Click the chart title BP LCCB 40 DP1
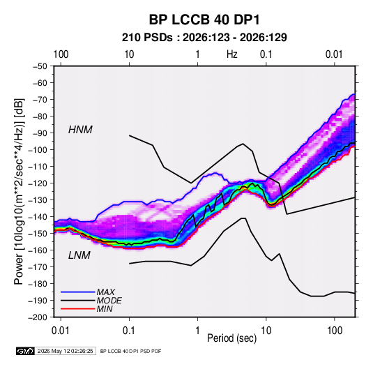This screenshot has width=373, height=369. pyautogui.click(x=204, y=20)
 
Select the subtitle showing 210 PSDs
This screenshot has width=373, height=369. pyautogui.click(x=204, y=38)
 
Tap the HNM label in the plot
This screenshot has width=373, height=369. pyautogui.click(x=80, y=130)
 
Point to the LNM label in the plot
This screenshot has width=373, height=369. pyautogui.click(x=79, y=255)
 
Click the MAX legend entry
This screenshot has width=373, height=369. pyautogui.click(x=105, y=292)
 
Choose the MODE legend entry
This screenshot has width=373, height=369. pyautogui.click(x=109, y=301)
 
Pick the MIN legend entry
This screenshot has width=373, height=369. pyautogui.click(x=105, y=309)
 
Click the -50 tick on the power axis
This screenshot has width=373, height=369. pyautogui.click(x=40, y=66)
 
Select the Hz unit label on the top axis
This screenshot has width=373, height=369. pyautogui.click(x=232, y=54)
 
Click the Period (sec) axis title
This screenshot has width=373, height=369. pyautogui.click(x=232, y=338)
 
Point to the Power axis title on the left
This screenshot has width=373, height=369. pyautogui.click(x=19, y=192)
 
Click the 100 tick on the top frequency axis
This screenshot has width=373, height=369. pyautogui.click(x=61, y=54)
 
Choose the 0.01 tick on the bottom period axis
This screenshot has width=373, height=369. pyautogui.click(x=61, y=331)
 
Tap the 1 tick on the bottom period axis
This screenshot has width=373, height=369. pyautogui.click(x=197, y=331)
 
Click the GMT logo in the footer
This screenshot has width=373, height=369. pyautogui.click(x=26, y=351)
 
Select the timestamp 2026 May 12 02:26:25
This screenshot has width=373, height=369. pyautogui.click(x=65, y=351)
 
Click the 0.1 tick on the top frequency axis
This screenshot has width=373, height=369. pyautogui.click(x=266, y=54)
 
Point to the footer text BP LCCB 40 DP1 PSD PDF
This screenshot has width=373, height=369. pyautogui.click(x=130, y=351)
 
